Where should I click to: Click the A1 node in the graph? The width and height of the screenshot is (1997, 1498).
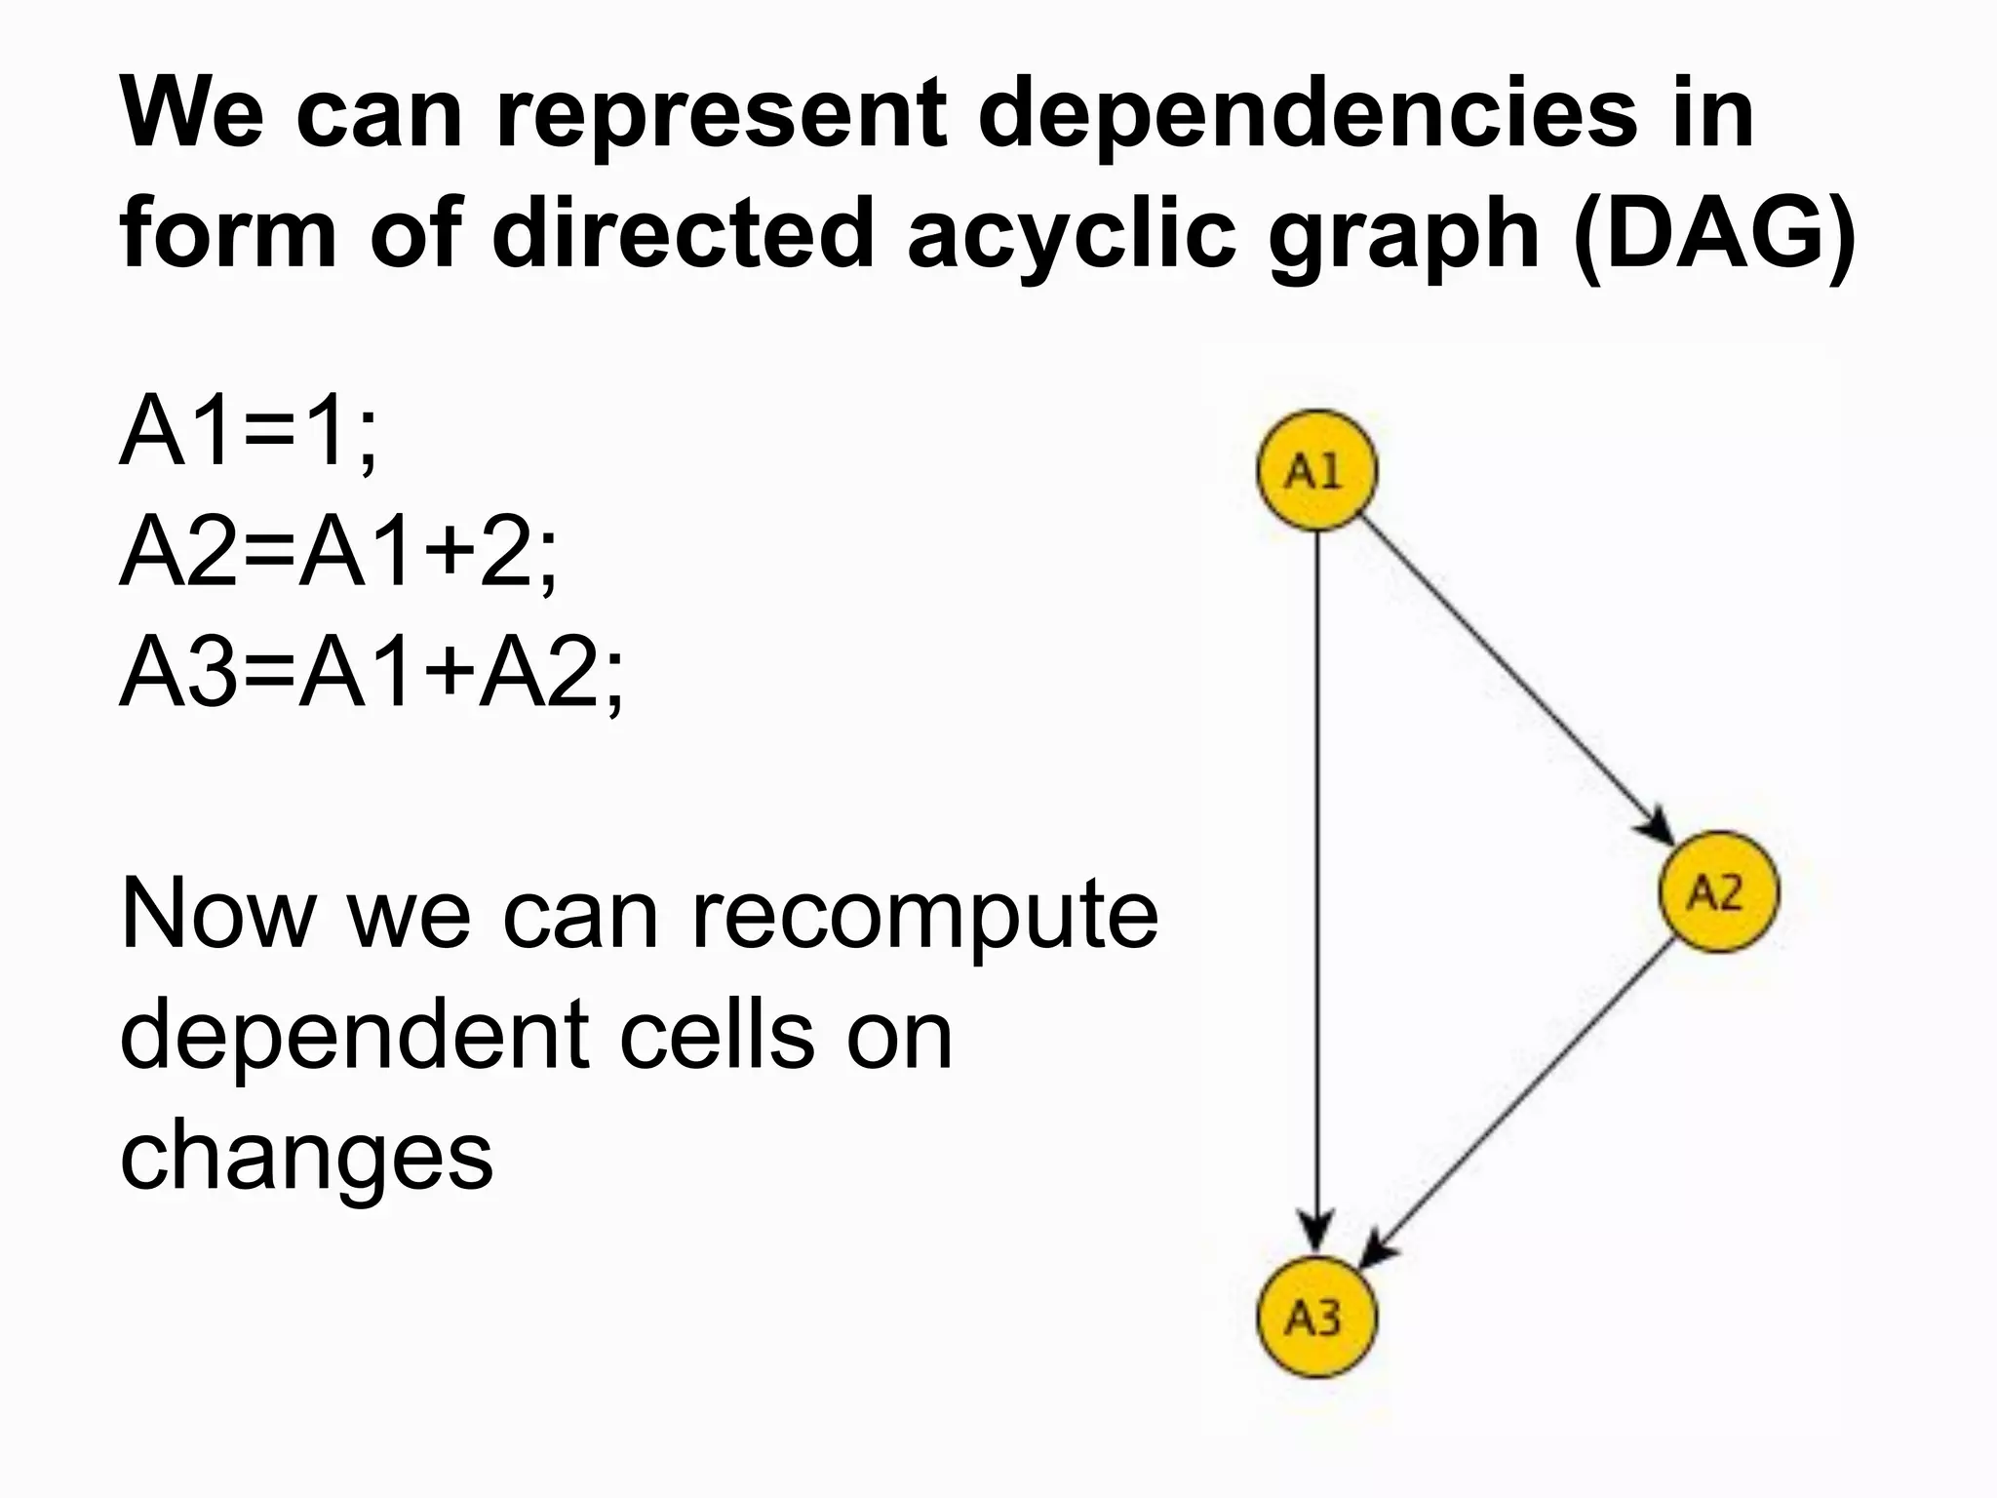[x=1315, y=471]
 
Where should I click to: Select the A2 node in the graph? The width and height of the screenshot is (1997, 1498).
[x=1718, y=891]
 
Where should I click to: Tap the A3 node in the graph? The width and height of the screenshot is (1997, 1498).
[x=1315, y=1319]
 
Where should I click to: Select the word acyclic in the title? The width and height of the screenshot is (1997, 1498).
[x=1071, y=235]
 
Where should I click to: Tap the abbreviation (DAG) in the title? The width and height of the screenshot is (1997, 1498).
[x=1715, y=235]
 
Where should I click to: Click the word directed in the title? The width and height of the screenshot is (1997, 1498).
[x=682, y=235]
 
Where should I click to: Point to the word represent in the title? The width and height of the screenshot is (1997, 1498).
[x=722, y=115]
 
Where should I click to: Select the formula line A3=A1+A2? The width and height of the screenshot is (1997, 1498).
[x=372, y=673]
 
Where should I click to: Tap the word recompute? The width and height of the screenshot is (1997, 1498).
[x=924, y=916]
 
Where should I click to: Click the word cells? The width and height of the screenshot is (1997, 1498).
[x=717, y=1036]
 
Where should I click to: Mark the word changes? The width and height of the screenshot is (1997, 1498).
[x=306, y=1157]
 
